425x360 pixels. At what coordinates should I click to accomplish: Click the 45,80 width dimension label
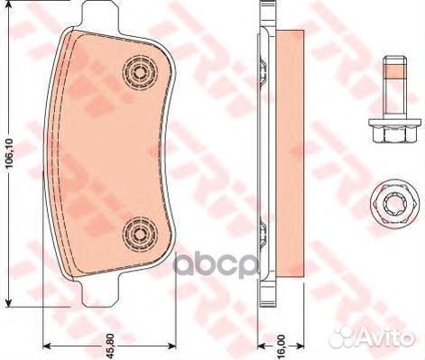tap(110, 346)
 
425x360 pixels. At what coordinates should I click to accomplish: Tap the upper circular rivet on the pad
tap(140, 72)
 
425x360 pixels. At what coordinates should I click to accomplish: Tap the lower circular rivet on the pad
tap(140, 233)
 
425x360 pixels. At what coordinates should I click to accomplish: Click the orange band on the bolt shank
tap(395, 72)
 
